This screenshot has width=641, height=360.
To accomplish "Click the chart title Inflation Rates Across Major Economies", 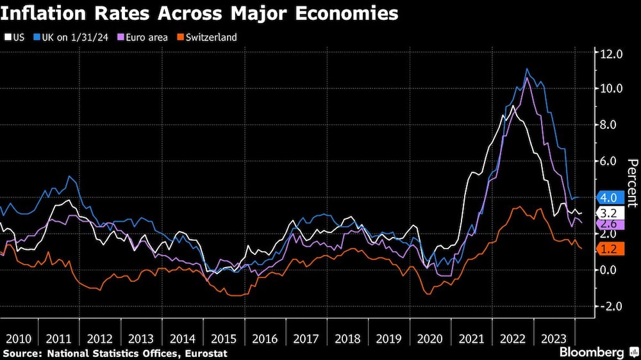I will coord(200,13).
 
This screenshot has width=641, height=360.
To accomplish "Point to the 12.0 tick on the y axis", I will coord(611,54).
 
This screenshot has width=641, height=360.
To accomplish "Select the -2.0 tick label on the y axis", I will coord(611,306).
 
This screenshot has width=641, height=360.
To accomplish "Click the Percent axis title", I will coord(633,183).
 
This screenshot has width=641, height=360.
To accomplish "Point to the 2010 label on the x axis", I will coord(18,338).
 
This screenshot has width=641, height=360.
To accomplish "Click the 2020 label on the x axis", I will coord(430,338).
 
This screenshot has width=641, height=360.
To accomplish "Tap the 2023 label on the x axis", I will coord(554,338).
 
